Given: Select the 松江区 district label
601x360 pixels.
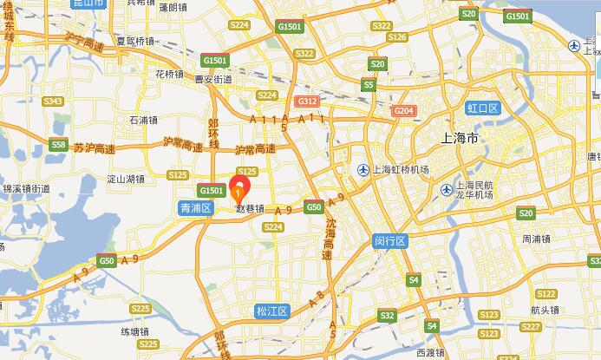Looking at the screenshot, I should click(x=271, y=311).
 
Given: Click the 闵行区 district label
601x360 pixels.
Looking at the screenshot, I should click(x=390, y=239).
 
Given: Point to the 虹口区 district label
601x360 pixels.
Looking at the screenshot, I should click(x=483, y=108).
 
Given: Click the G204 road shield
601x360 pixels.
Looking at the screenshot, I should click(x=403, y=111).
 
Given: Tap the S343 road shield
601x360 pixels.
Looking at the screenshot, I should click(x=53, y=101).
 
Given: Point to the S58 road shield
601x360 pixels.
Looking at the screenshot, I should click(x=58, y=145).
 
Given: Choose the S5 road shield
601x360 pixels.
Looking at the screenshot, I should click(x=369, y=85).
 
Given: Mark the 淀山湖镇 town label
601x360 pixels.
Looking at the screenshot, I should click(x=124, y=179).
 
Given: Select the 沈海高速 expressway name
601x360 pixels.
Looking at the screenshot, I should click(x=329, y=239).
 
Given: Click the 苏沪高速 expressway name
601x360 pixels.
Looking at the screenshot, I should click(x=94, y=148).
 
